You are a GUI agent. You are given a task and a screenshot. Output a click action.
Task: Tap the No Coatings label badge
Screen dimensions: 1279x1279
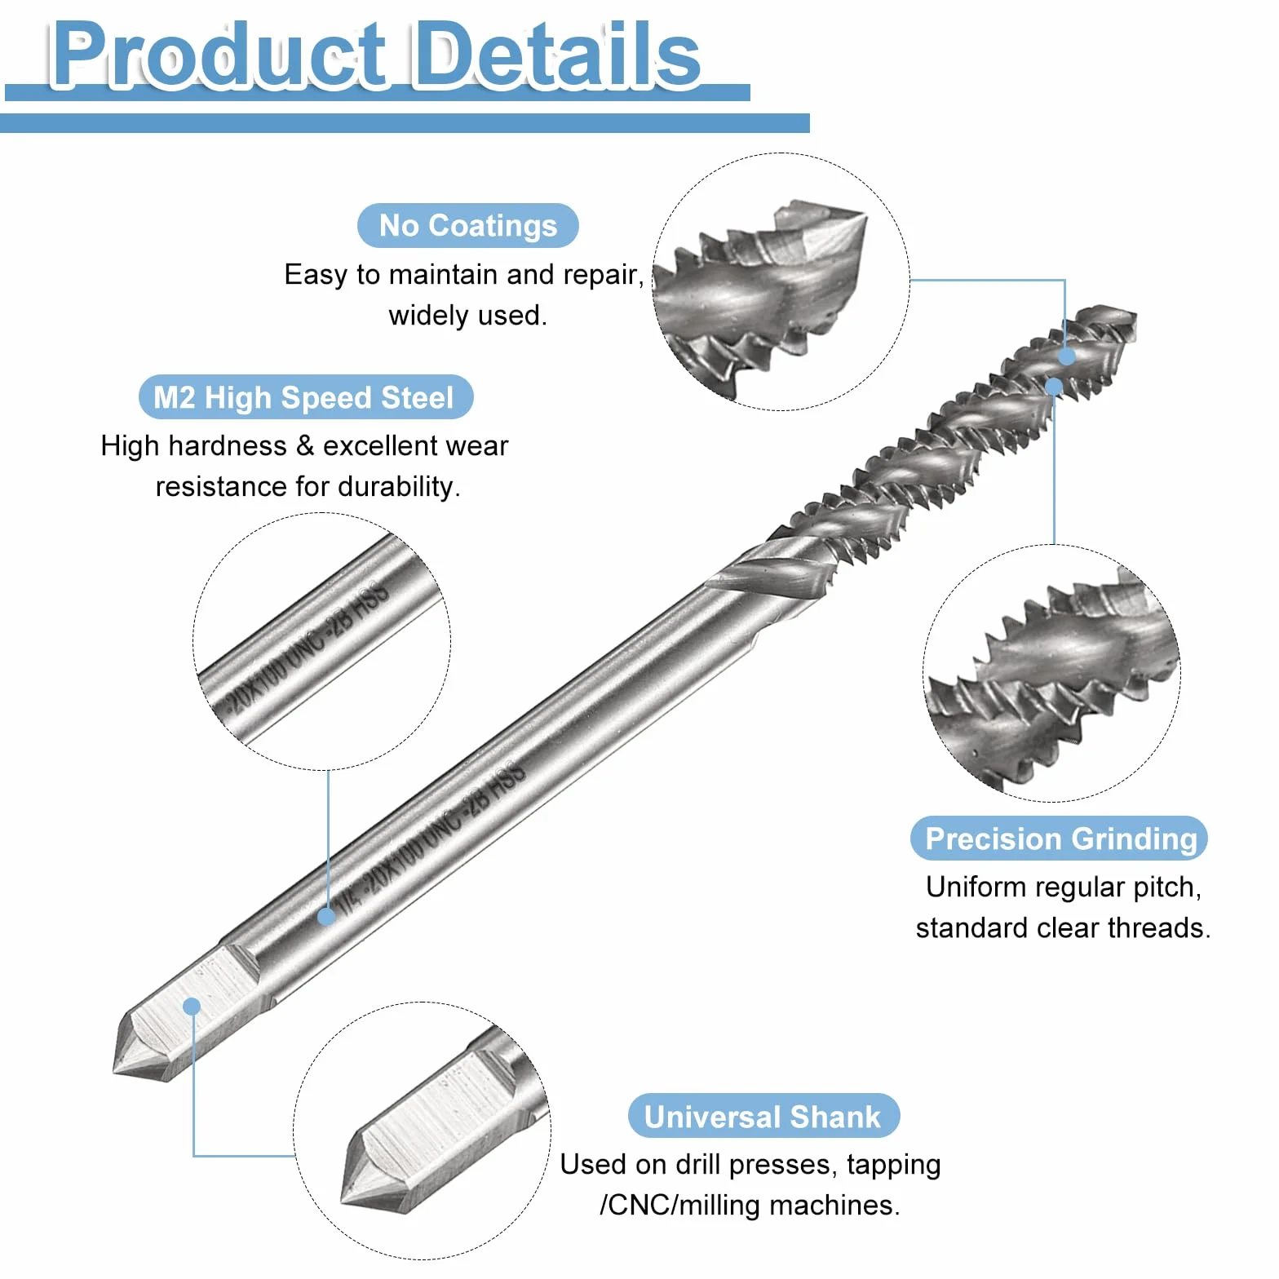[468, 225]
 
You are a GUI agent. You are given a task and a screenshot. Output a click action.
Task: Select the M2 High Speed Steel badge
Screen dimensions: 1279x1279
[306, 397]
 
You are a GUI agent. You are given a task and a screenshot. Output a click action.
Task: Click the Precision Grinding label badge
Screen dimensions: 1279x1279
[1059, 839]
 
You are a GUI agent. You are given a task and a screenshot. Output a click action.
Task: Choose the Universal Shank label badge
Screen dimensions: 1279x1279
[763, 1116]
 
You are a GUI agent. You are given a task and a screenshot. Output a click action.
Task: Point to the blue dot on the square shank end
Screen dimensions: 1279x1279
[192, 1006]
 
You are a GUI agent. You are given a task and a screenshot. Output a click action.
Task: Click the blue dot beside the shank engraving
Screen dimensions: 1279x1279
[326, 916]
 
